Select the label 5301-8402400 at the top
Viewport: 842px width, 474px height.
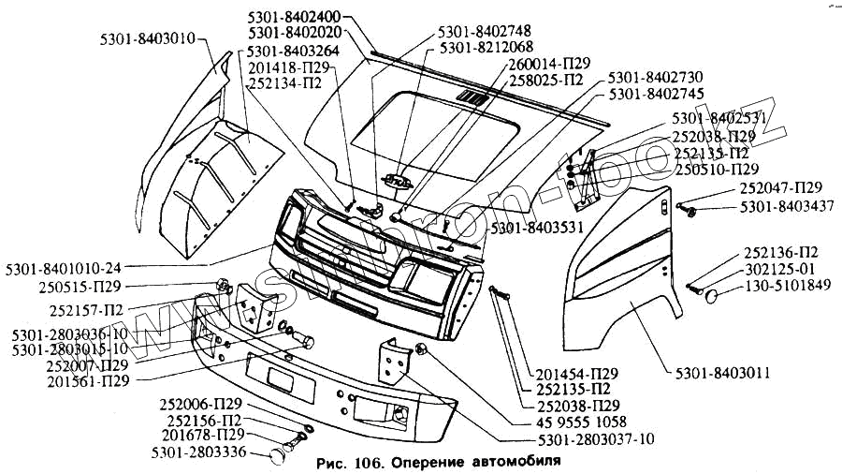[x=295, y=17]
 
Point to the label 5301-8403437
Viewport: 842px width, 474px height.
[x=787, y=205]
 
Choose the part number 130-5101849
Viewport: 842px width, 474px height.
[x=787, y=285]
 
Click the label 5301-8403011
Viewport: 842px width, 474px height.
[x=723, y=373]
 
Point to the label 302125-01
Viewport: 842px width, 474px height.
[x=781, y=269]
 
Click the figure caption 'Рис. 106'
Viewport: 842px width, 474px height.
[x=345, y=463]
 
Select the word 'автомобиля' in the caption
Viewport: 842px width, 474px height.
[x=511, y=463]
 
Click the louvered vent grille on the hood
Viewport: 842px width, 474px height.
[x=472, y=98]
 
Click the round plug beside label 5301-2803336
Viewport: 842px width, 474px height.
[x=277, y=455]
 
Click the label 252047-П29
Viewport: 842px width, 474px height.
[x=780, y=188]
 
